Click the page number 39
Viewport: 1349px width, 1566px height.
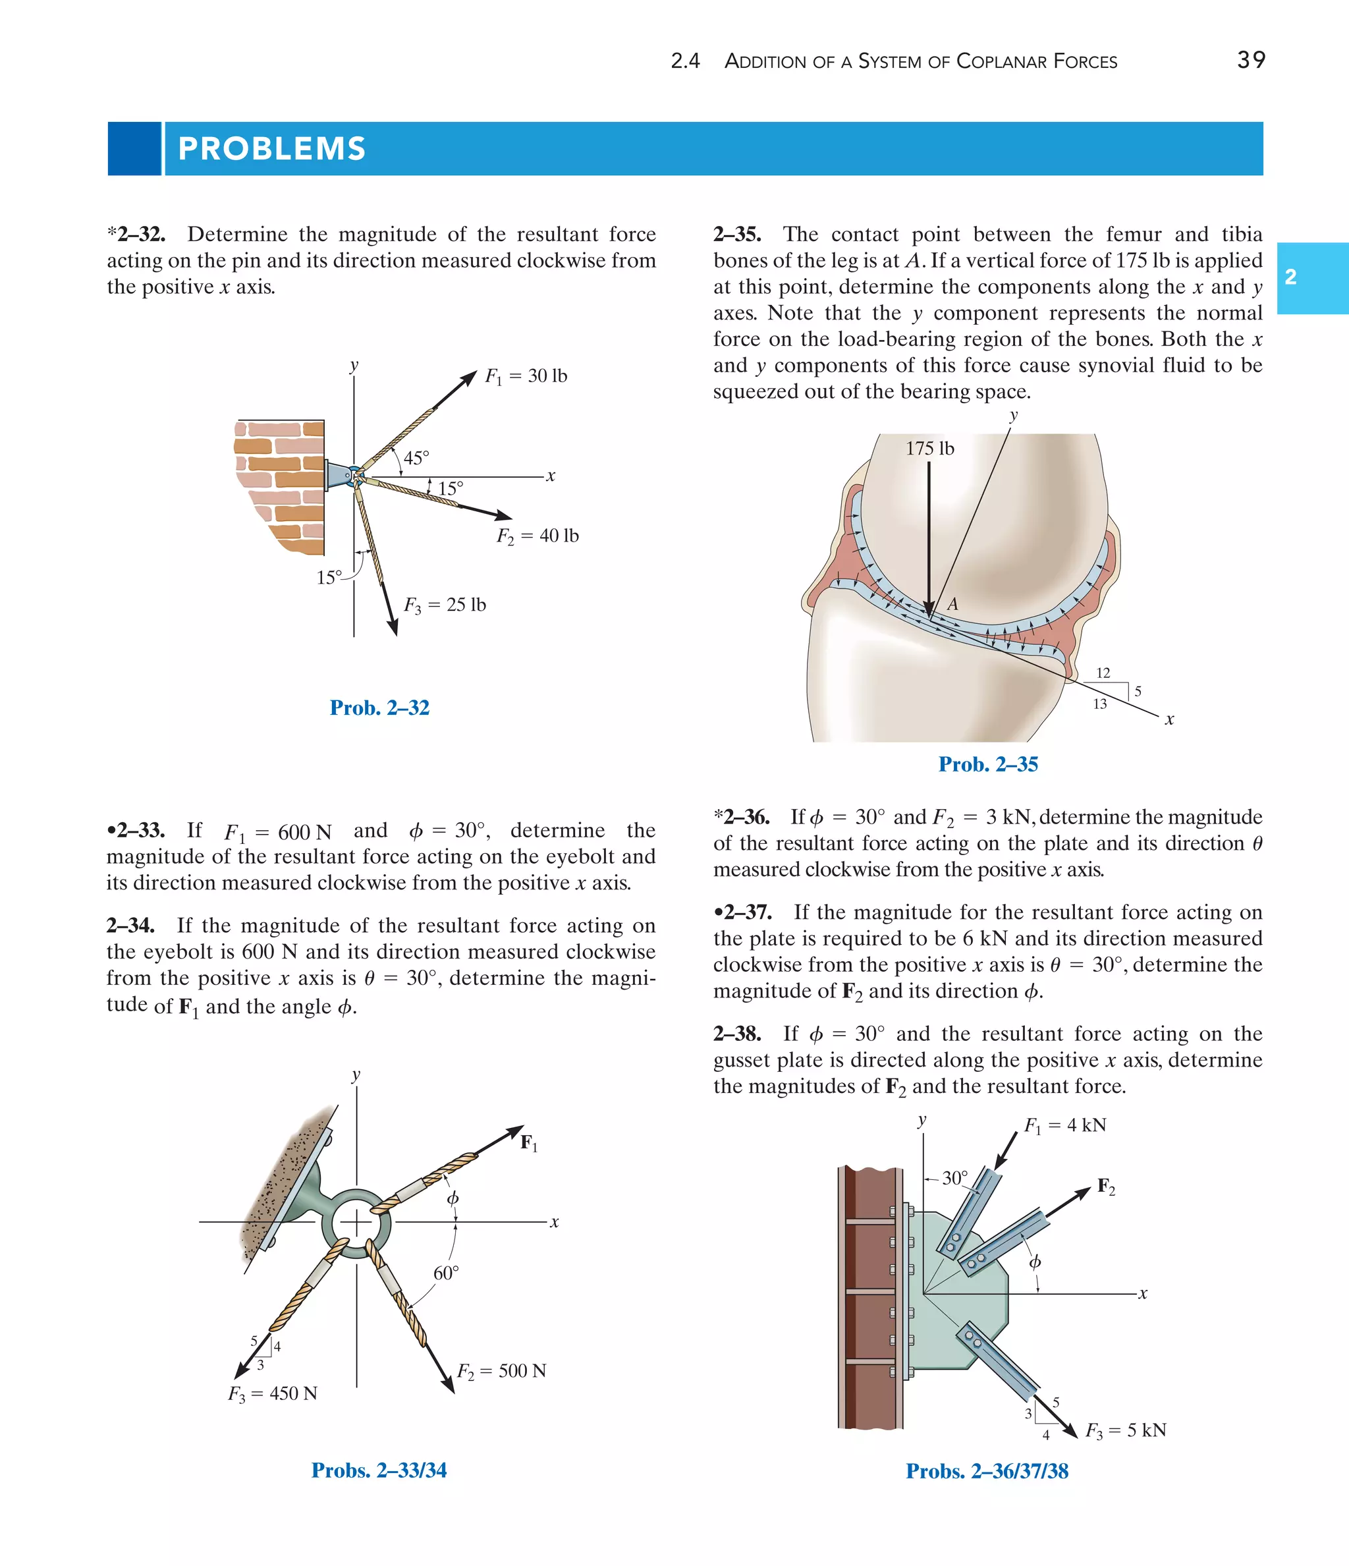coord(1251,60)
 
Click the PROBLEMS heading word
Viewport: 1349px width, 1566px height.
coord(271,149)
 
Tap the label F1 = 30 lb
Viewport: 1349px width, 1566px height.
coord(526,376)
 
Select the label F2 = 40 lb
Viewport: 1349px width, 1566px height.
coord(537,536)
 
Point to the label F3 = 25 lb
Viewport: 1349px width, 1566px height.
coord(445,605)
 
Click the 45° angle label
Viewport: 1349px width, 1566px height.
coord(416,458)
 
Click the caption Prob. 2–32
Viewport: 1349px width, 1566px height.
coord(379,708)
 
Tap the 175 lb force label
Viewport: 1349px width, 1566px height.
coord(929,449)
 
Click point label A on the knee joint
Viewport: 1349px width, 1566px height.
coord(952,604)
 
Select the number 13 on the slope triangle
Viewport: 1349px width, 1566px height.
coord(1099,704)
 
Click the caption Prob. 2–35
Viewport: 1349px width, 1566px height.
coord(988,764)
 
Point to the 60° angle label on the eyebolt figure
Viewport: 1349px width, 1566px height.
coord(446,1273)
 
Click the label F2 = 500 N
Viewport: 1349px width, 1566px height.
coord(501,1371)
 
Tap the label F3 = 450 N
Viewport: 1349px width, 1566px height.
coord(272,1393)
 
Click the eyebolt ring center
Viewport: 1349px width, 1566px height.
coord(356,1222)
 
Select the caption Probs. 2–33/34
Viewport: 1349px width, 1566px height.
coord(379,1470)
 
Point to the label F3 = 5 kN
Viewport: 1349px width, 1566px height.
coord(1125,1431)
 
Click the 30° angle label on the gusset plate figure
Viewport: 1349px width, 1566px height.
coord(954,1177)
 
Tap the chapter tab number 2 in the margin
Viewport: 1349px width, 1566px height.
coord(1291,277)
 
